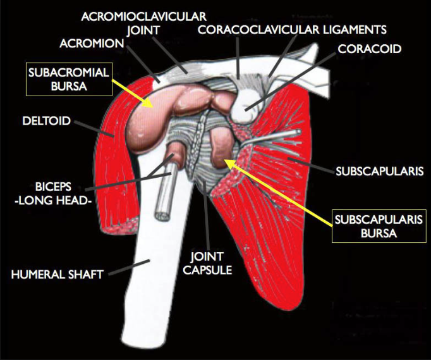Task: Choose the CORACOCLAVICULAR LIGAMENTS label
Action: coord(292,30)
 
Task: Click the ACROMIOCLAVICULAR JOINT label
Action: coord(143,22)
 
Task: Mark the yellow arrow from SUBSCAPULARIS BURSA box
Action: coord(278,191)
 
